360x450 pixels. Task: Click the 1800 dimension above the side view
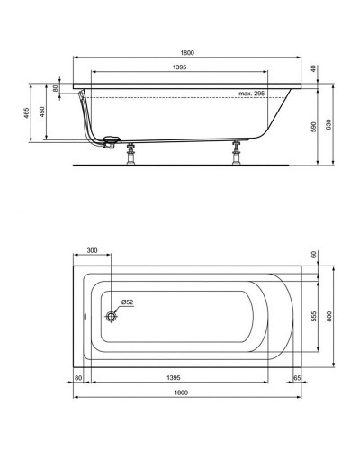pyautogui.click(x=186, y=53)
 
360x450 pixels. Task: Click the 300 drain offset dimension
pyautogui.click(x=92, y=249)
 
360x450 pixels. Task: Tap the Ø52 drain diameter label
pyautogui.click(x=127, y=302)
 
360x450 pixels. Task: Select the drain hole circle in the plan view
pyautogui.click(x=112, y=316)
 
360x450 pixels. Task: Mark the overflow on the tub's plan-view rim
pyautogui.click(x=79, y=316)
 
